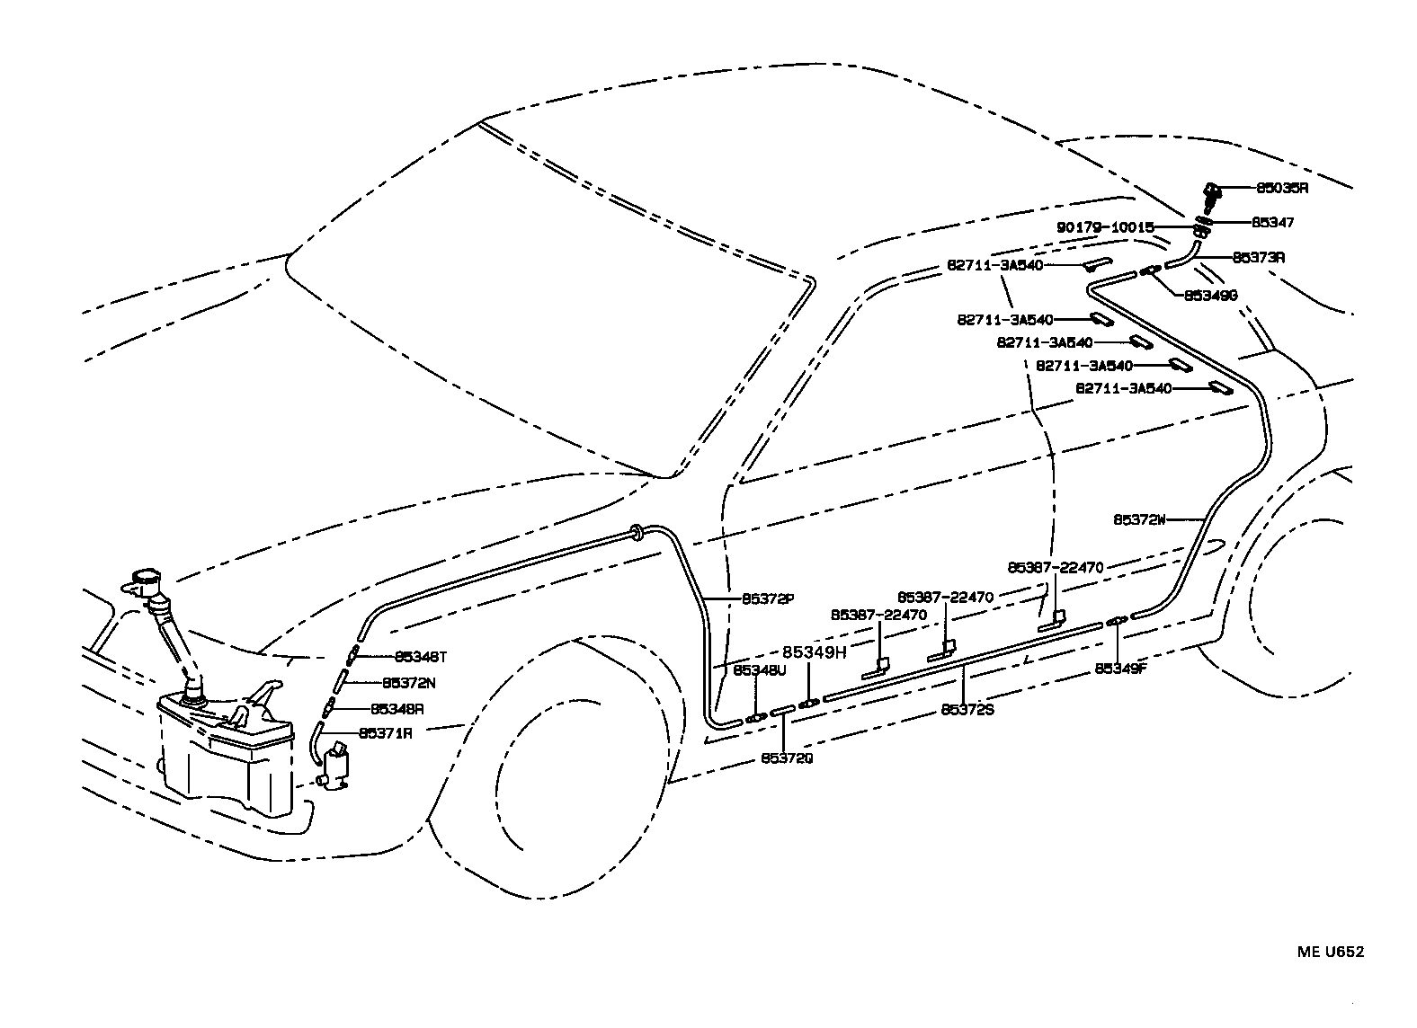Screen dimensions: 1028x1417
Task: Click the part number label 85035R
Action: click(x=1281, y=189)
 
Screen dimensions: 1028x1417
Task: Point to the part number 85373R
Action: click(x=1258, y=258)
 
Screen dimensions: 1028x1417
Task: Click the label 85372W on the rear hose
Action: click(x=1139, y=519)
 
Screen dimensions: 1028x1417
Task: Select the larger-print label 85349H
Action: click(x=815, y=652)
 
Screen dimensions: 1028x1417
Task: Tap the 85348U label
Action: click(x=759, y=670)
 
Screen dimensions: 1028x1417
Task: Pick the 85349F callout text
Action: click(x=1121, y=669)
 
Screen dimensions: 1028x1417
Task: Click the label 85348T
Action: click(x=420, y=657)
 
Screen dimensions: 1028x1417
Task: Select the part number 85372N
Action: click(x=409, y=683)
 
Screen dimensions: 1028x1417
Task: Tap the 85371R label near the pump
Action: click(x=386, y=733)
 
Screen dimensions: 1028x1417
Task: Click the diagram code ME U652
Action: click(x=1330, y=952)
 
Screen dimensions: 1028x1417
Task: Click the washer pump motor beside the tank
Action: click(x=338, y=766)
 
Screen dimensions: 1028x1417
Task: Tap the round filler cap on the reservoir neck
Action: click(x=144, y=579)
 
